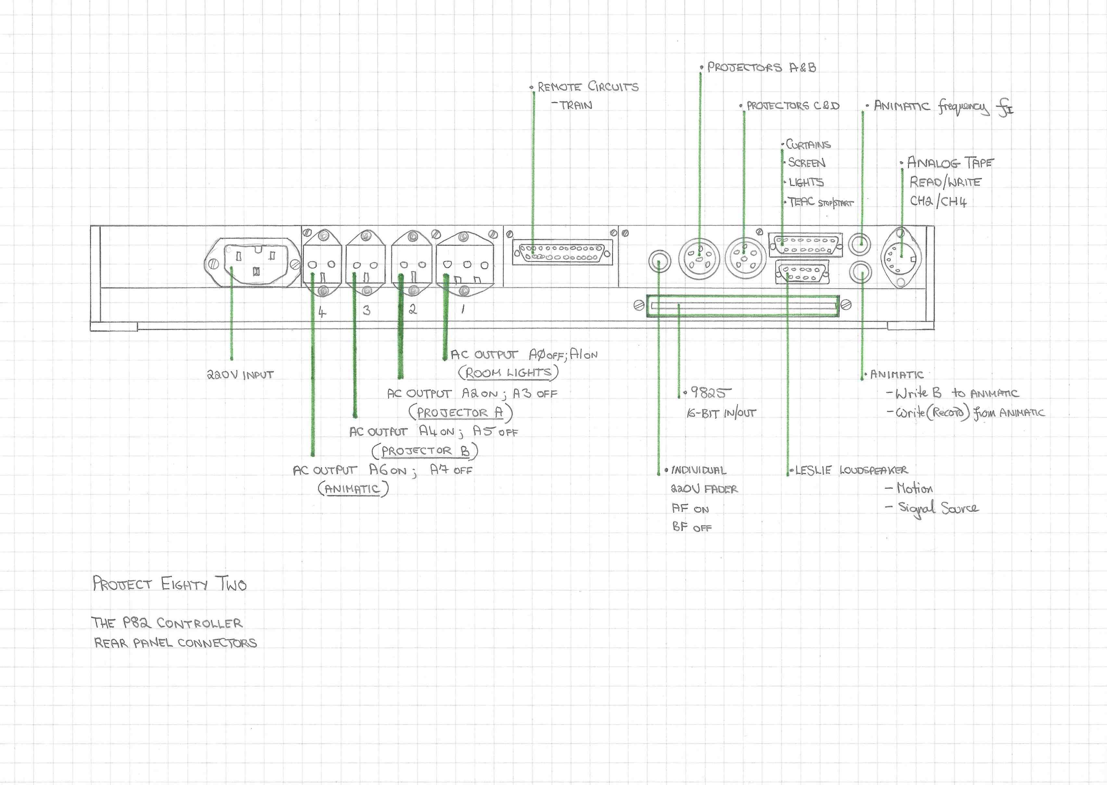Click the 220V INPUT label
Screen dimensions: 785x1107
point(240,375)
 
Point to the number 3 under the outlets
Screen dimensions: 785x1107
point(367,310)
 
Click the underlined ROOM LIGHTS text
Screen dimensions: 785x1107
point(508,373)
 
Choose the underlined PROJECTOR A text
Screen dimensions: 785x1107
point(460,413)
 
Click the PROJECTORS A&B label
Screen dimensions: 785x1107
point(761,68)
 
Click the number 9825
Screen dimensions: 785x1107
point(710,392)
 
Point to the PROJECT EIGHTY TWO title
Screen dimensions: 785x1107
point(170,584)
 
